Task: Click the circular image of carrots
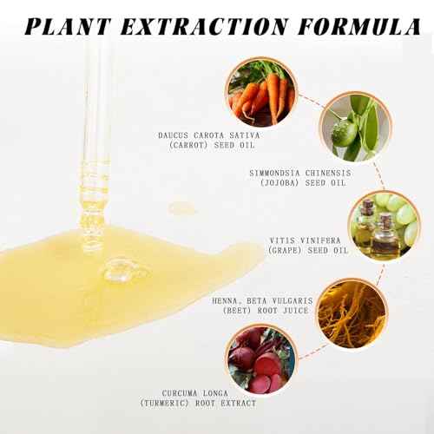point(260,92)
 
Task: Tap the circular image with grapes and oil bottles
point(381,227)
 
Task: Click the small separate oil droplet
point(181,208)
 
